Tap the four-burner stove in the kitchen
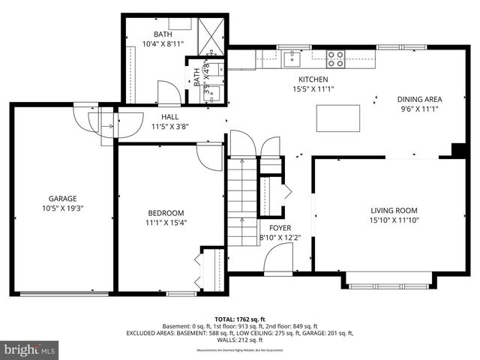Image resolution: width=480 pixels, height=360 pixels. click(334, 55)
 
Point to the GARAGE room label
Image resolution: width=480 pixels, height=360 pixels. click(63, 199)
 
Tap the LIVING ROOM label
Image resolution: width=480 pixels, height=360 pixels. click(394, 210)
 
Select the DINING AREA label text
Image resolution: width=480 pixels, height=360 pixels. click(419, 99)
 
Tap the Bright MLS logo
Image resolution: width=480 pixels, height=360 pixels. click(30, 349)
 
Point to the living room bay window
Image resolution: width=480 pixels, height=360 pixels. click(388, 283)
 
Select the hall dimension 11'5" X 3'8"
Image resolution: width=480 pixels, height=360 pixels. click(169, 127)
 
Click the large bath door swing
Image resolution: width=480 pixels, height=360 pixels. click(169, 93)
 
